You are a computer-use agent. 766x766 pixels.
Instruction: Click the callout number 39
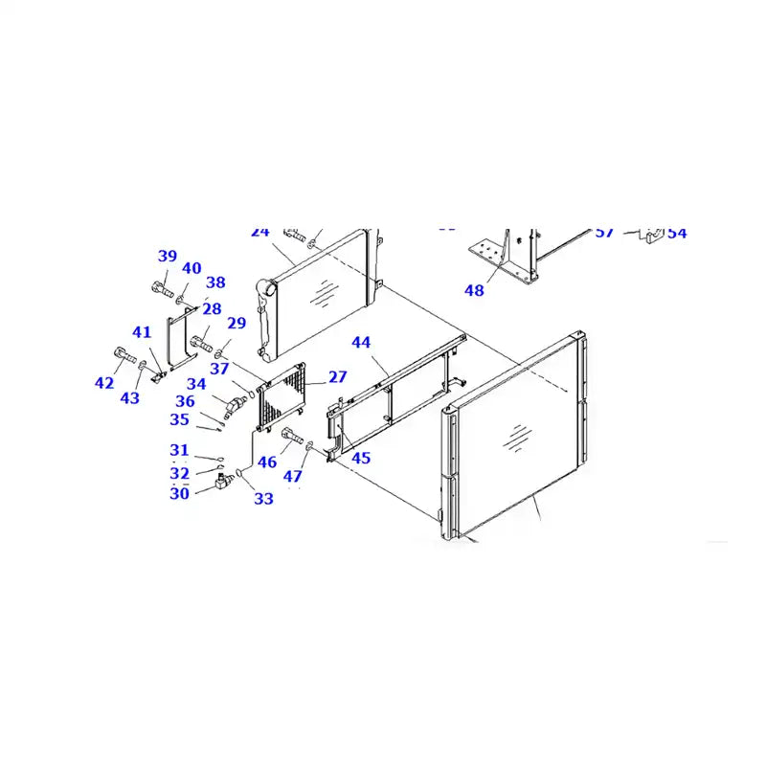[x=168, y=256]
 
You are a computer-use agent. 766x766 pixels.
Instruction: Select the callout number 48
[x=474, y=290]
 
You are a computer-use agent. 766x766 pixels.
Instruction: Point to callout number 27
[x=338, y=376]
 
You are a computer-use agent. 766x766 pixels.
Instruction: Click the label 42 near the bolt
[x=104, y=383]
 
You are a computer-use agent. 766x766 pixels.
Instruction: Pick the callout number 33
[x=263, y=498]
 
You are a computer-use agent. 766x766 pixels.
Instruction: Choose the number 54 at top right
[x=677, y=233]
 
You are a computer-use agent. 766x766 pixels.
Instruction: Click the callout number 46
[x=267, y=462]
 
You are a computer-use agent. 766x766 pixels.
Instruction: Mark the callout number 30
[x=180, y=494]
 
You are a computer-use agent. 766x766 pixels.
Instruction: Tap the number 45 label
[x=361, y=458]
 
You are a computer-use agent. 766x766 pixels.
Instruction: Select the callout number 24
[x=260, y=232]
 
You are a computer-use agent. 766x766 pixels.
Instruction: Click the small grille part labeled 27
[x=282, y=395]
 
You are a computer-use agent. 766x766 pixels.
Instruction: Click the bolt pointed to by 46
[x=292, y=438]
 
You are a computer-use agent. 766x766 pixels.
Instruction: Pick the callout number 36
[x=185, y=401]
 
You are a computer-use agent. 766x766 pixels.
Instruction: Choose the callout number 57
[x=604, y=233]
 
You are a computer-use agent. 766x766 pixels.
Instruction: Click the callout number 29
[x=237, y=325]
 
